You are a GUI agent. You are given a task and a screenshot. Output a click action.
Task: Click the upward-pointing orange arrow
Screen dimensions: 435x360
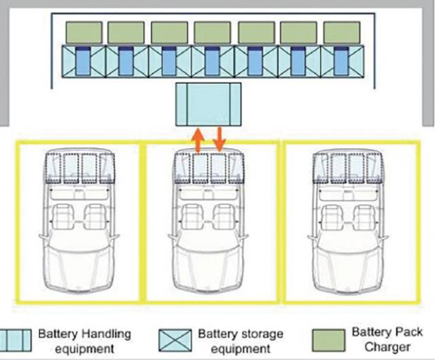198,140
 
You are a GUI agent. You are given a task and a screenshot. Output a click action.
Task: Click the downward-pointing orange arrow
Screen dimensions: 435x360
219,139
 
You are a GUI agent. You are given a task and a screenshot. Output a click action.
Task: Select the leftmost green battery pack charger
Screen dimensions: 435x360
84,33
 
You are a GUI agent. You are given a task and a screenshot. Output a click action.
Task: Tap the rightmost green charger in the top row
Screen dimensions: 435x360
342,33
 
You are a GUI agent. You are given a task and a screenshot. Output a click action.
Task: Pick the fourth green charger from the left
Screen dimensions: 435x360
212,33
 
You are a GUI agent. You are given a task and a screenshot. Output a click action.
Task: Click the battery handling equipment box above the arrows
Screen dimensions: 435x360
209,105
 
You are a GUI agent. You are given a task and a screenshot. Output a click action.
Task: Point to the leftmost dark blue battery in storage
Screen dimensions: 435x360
83,60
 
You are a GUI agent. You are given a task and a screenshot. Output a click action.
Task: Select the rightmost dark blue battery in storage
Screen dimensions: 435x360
341,60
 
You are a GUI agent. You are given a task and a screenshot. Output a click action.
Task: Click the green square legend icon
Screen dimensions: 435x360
329,340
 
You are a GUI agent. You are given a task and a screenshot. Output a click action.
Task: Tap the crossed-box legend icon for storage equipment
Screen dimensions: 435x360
175,340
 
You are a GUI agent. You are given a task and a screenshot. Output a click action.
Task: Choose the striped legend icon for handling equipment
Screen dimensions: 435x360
15,340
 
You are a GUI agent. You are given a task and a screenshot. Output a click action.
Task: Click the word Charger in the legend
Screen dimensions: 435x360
387,346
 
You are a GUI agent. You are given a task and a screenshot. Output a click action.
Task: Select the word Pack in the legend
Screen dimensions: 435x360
408,331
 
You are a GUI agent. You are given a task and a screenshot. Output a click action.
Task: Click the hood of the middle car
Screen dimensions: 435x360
208,266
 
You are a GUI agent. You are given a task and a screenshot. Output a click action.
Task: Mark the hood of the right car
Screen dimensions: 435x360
347,266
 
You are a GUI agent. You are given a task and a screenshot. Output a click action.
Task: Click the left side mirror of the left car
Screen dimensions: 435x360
43,236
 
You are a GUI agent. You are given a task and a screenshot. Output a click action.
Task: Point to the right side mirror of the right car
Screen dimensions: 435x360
384,236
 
